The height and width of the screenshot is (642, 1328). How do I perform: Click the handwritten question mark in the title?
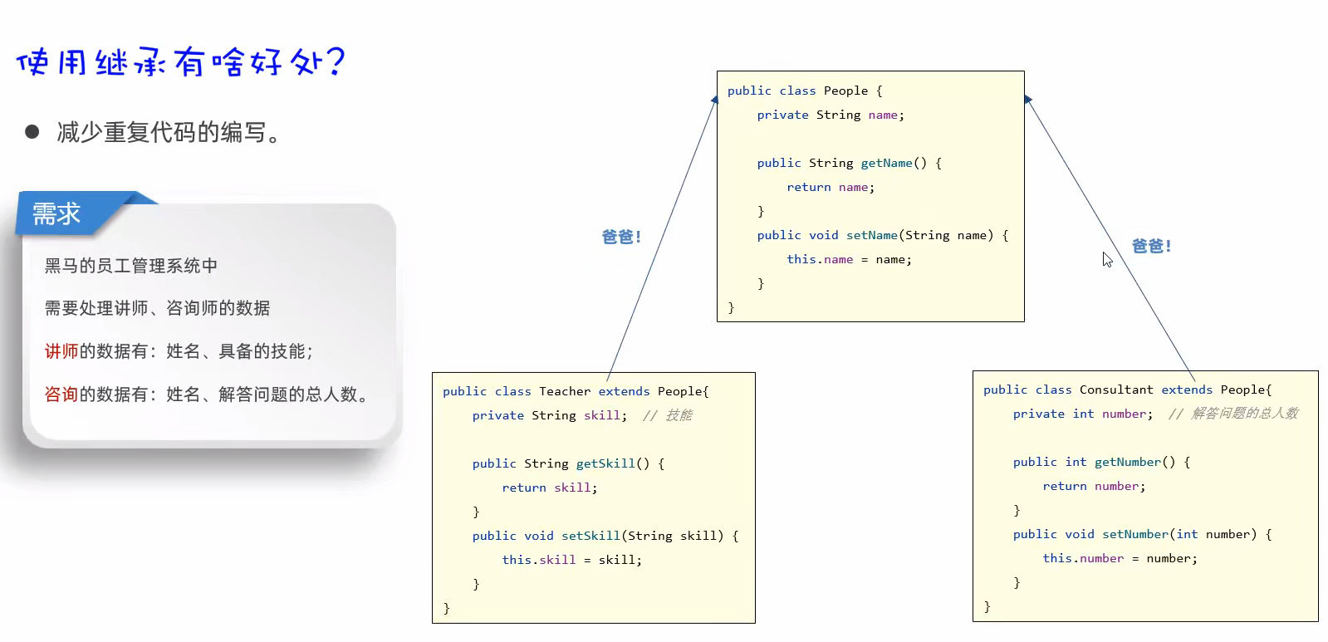click(335, 60)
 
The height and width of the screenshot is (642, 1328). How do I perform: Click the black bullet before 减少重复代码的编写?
click(32, 131)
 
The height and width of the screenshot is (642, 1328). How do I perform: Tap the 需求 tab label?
click(56, 214)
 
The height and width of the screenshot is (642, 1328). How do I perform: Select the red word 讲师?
click(61, 351)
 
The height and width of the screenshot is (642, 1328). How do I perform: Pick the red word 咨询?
click(61, 394)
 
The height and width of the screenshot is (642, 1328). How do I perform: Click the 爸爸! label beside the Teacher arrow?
click(621, 238)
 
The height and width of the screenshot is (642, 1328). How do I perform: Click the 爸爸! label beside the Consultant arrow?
click(1151, 247)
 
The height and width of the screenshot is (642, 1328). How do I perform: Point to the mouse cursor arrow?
click(1106, 259)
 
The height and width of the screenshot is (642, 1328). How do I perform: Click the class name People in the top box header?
click(845, 91)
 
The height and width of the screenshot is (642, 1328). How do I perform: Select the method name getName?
click(886, 163)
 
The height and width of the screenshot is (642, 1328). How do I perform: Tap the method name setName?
click(872, 235)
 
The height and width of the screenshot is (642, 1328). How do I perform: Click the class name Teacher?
click(565, 391)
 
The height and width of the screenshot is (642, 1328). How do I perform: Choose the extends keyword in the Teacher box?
click(624, 391)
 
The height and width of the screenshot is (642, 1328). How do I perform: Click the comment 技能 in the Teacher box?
click(679, 415)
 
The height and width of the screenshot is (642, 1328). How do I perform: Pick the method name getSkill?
click(605, 463)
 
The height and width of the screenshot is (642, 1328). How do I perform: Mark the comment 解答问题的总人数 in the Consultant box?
click(1244, 414)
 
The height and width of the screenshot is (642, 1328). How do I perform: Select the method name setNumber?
click(1135, 534)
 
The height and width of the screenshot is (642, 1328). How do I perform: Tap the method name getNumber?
click(1128, 462)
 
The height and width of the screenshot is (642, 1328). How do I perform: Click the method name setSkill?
click(590, 536)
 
